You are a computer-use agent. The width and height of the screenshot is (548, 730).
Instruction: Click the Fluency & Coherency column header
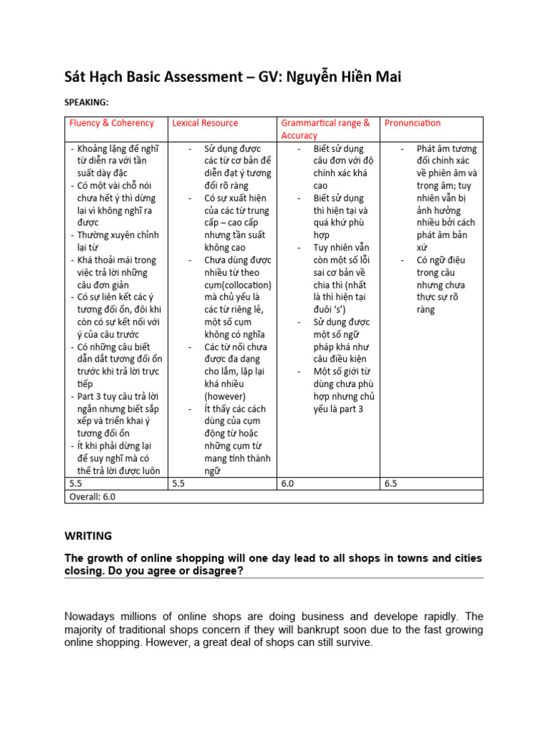click(111, 123)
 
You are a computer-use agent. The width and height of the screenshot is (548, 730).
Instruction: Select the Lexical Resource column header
click(205, 123)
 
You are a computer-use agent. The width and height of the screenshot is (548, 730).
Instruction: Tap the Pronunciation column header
click(412, 123)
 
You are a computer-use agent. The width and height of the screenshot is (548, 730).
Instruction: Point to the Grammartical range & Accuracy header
click(325, 129)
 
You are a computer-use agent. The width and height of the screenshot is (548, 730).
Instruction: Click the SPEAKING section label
click(87, 103)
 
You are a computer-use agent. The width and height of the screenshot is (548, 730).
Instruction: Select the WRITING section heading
click(89, 535)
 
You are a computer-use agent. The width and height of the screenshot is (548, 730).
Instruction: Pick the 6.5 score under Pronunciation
click(392, 484)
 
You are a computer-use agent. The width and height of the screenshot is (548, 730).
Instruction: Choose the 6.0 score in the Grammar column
click(288, 484)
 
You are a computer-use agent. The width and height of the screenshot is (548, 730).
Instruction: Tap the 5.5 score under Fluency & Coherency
click(76, 484)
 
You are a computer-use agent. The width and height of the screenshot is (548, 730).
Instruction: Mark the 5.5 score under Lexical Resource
click(179, 484)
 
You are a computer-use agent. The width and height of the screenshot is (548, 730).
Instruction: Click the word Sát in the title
click(80, 77)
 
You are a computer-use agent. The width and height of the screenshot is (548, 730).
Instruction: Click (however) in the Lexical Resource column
click(225, 396)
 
